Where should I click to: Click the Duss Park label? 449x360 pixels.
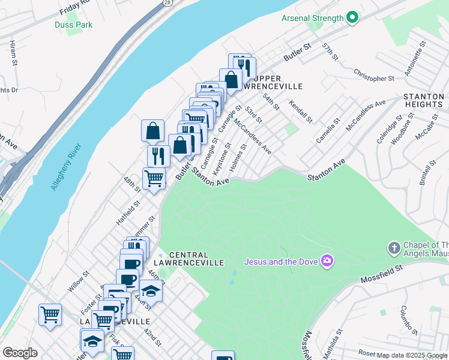tap(73, 25)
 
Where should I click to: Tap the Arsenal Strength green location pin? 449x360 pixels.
tap(352, 18)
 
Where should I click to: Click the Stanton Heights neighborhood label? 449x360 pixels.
tap(423, 100)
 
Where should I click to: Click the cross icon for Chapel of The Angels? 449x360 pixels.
tap(394, 247)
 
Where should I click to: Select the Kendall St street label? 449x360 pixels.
tap(301, 112)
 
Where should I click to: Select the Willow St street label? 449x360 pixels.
tap(79, 281)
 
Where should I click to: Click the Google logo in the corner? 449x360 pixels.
tap(20, 353)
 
